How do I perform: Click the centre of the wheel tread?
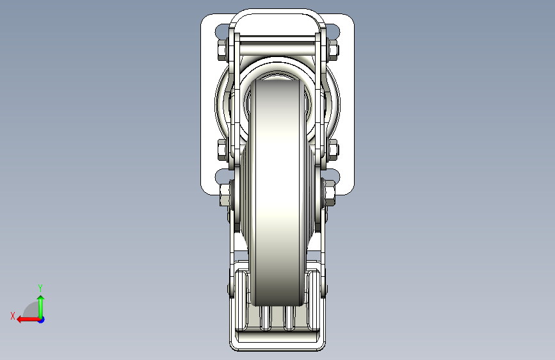point(277,192)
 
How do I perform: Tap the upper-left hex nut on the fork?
point(222,51)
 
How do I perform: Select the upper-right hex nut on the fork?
point(333,51)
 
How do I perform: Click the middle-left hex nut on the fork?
point(222,150)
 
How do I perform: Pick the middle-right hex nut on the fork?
point(333,150)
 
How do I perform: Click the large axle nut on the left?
point(225,194)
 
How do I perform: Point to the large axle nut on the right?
point(329,193)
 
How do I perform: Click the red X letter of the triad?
point(13,316)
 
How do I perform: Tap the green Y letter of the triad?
point(40,288)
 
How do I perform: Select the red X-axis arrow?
point(29,320)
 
